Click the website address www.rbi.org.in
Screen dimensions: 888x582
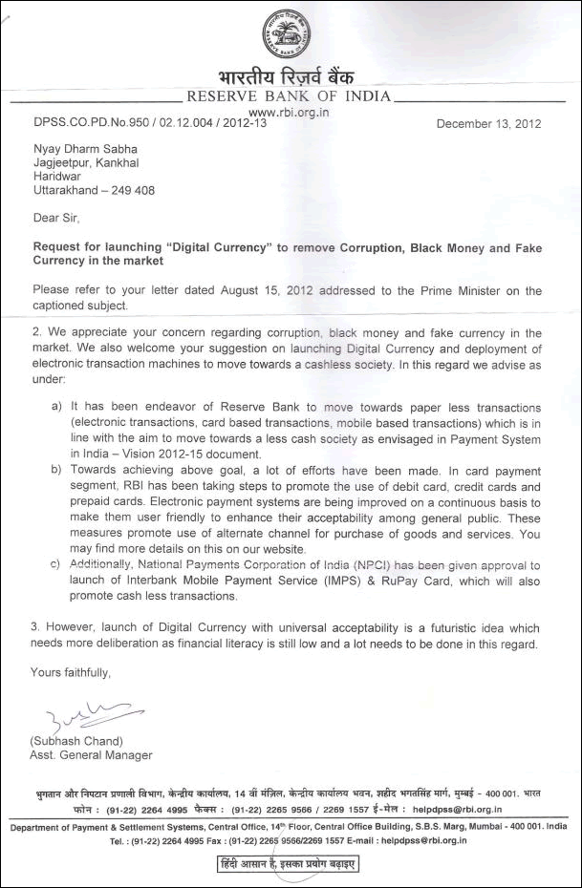point(289,110)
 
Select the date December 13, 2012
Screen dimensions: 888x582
point(488,123)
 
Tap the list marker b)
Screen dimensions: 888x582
point(57,469)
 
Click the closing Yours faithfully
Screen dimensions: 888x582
point(72,672)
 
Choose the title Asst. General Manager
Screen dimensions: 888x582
point(92,756)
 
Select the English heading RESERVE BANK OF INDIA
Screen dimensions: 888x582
point(289,96)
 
